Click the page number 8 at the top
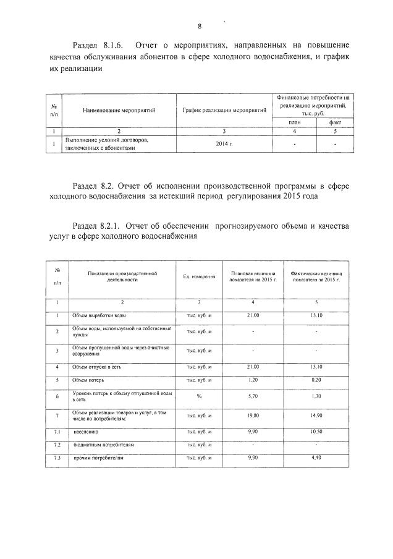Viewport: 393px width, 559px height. (x=200, y=26)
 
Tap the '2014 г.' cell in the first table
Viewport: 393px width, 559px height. (x=225, y=143)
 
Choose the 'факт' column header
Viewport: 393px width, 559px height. (x=334, y=122)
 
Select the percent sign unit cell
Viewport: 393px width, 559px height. (x=200, y=396)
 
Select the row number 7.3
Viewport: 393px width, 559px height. (x=57, y=458)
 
